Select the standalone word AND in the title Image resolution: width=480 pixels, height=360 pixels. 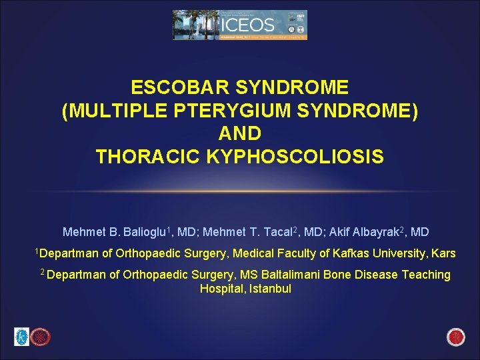[x=240, y=134]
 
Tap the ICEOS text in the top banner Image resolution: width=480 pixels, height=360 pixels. [x=247, y=25]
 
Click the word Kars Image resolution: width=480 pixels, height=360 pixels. [x=444, y=253]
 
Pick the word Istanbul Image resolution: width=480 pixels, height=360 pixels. [x=270, y=289]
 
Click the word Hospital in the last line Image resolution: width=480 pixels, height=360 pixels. [x=222, y=289]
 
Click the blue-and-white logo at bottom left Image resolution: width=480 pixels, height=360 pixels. [x=22, y=337]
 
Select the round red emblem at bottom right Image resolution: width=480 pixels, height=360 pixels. [x=457, y=337]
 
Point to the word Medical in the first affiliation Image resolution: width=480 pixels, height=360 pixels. [x=249, y=253]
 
